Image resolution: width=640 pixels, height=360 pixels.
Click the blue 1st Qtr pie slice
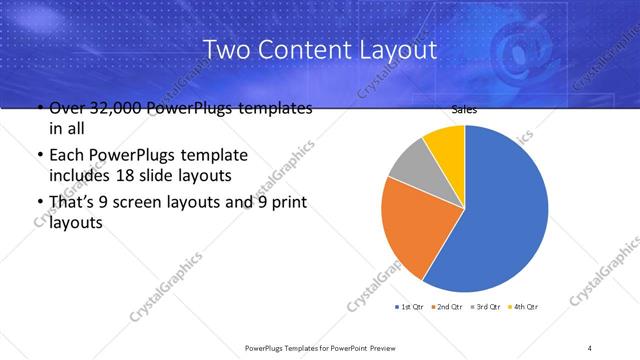coord(500,210)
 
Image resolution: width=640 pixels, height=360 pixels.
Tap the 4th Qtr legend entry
coord(526,306)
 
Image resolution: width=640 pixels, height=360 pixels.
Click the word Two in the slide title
coord(225,49)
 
